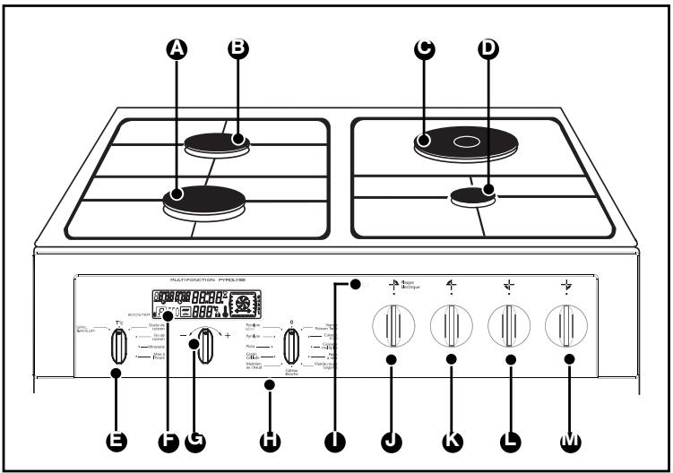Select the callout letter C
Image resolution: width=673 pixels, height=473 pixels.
click(x=425, y=50)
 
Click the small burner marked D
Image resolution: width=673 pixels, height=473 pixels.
click(x=473, y=196)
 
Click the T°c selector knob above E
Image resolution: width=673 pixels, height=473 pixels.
click(x=118, y=344)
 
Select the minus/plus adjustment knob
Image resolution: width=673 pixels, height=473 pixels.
click(x=208, y=346)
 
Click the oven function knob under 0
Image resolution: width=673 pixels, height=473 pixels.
click(x=291, y=344)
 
